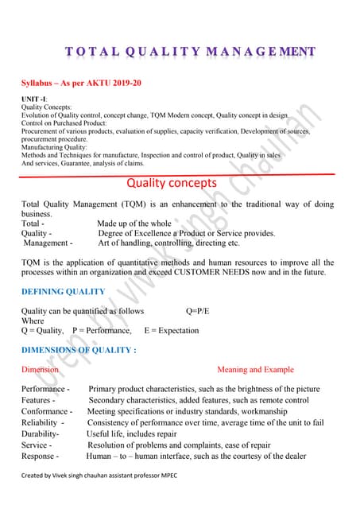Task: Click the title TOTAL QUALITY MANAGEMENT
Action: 190,52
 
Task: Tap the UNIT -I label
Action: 35,99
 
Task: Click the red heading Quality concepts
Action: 171,183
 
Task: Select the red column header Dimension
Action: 40,370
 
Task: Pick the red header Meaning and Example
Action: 255,370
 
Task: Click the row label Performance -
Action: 45,389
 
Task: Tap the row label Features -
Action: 38,400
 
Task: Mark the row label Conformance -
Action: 46,412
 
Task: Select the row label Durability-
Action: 40,434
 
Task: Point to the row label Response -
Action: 40,457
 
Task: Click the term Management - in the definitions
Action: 48,243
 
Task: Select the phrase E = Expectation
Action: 172,330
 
